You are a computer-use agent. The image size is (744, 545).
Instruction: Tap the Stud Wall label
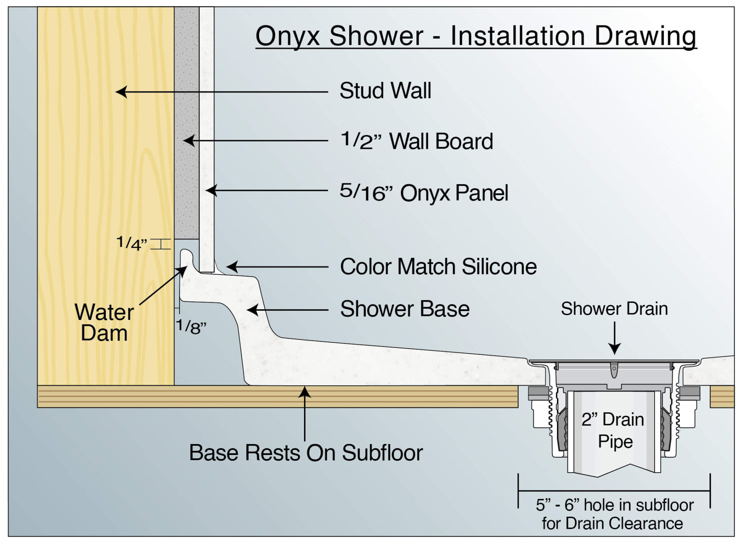(385, 90)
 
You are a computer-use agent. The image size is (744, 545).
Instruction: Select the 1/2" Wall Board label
(416, 141)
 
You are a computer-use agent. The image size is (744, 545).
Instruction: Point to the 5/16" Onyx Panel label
(424, 192)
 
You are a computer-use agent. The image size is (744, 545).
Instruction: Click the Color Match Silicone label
(438, 267)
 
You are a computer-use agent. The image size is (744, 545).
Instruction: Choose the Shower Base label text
(405, 309)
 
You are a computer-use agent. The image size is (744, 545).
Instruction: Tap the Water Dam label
(104, 322)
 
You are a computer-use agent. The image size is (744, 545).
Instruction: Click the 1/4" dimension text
(132, 243)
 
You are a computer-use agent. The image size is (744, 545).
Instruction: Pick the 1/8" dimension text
(191, 327)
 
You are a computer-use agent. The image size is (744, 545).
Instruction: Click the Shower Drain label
(614, 309)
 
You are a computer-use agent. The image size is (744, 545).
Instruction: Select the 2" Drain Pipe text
(613, 430)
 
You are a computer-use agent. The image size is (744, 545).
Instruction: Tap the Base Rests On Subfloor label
(306, 453)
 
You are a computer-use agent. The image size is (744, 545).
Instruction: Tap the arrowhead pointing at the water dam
(182, 271)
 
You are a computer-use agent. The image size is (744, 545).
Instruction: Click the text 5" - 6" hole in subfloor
(614, 505)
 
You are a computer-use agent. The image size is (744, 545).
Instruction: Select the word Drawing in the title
(646, 36)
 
